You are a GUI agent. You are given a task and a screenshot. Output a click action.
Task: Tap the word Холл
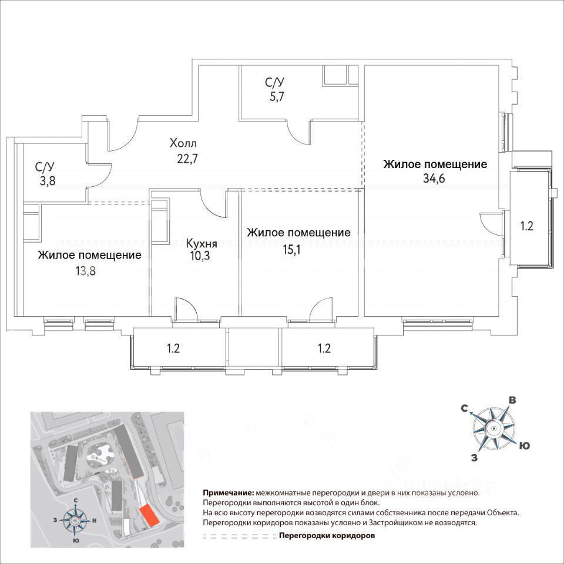[x=183, y=143]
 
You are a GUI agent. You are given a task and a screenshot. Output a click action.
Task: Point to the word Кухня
[x=202, y=243]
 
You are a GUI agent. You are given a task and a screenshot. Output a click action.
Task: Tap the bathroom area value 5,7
[x=274, y=98]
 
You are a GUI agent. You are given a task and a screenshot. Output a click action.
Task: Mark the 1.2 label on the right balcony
[x=526, y=226]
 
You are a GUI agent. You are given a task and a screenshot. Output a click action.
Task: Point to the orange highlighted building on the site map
[x=150, y=515]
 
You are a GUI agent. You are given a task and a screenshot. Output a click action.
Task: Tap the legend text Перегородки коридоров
[x=326, y=536]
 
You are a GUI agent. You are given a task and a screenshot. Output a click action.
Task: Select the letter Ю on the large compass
[x=525, y=446]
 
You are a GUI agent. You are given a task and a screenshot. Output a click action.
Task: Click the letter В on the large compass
[x=512, y=400]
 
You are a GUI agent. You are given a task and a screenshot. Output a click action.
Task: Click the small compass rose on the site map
[x=76, y=519]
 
